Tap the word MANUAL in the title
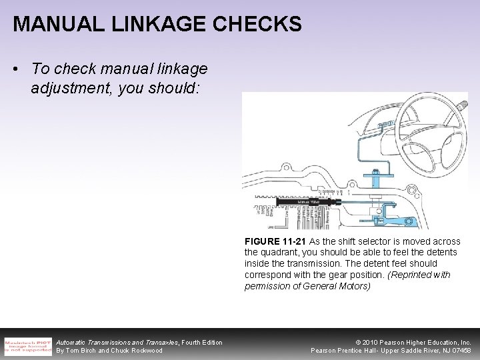pyautogui.click(x=55, y=25)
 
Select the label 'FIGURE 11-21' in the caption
pyautogui.click(x=275, y=241)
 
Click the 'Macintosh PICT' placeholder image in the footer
pyautogui.click(x=27, y=345)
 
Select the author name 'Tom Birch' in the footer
pyautogui.click(x=81, y=351)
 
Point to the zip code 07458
pyautogui.click(x=460, y=351)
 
